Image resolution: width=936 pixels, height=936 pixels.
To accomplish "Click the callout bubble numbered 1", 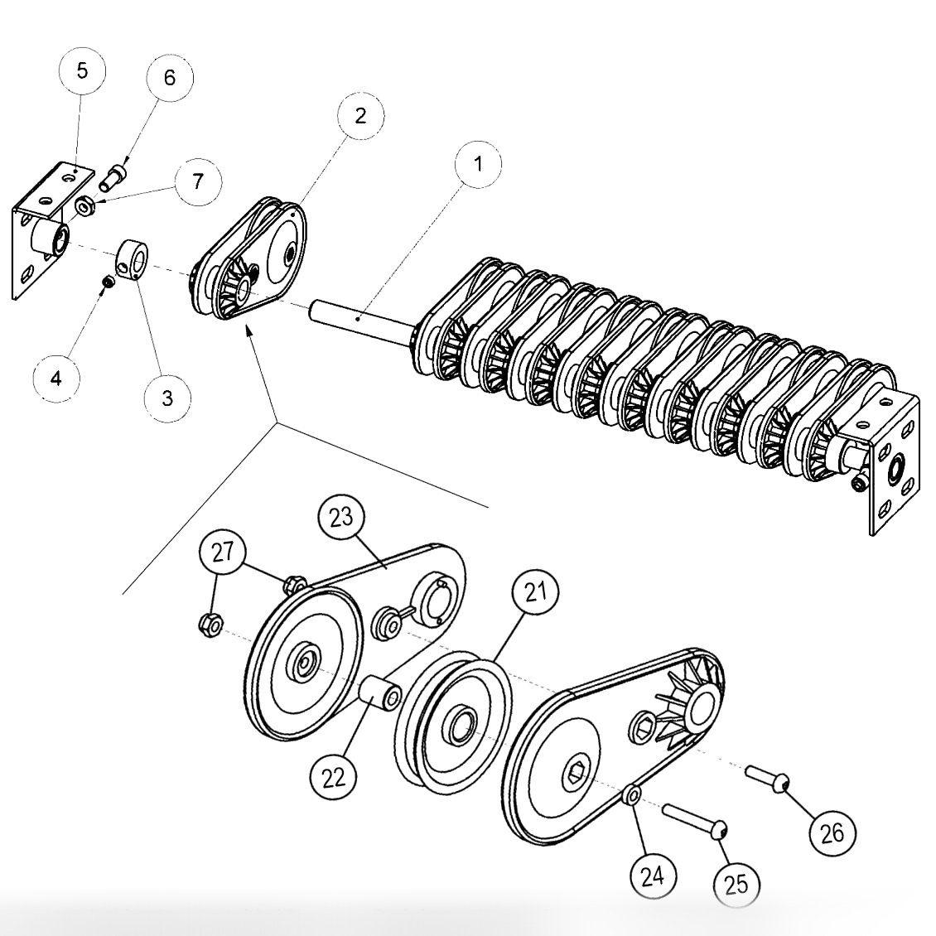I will pos(477,163).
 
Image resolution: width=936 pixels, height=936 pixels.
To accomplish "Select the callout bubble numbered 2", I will pos(360,116).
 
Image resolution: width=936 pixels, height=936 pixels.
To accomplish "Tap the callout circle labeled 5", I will pos(81,70).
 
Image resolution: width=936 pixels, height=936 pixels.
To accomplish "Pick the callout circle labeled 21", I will pos(535,592).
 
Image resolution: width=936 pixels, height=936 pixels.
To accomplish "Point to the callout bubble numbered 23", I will pos(341,518).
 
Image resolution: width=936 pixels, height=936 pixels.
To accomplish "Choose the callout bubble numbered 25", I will pos(736,884).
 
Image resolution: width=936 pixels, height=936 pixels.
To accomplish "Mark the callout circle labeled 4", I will pos(55,379).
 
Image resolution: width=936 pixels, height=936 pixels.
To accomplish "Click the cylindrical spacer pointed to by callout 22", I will pos(380,692).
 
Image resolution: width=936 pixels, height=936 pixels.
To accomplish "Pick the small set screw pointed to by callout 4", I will pos(107,283).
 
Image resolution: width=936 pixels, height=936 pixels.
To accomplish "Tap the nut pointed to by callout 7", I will pos(84,205).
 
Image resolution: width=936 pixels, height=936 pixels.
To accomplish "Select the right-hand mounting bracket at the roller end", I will pos(891,464).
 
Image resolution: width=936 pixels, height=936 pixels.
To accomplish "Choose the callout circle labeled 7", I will pos(196,181).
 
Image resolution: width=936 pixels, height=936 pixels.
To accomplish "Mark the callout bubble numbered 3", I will pos(167,398).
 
